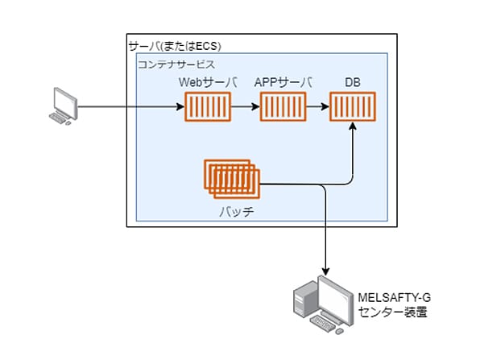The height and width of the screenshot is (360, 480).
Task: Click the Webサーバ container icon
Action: coord(208,107)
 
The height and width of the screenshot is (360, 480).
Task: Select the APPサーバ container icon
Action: coord(283,107)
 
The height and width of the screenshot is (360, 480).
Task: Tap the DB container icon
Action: coord(353,107)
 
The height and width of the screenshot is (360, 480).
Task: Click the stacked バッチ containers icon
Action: coord(232,179)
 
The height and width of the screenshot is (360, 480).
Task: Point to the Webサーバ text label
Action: coord(208,82)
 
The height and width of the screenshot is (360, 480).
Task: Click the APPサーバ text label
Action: coord(283,82)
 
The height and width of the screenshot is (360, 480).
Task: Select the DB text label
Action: coord(353,82)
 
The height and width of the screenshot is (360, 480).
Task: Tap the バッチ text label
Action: coord(237,212)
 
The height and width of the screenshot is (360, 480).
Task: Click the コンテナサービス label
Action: coord(176,64)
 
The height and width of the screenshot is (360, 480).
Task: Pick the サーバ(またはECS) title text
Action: coord(175,46)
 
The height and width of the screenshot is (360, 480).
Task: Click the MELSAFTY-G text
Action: coord(395,297)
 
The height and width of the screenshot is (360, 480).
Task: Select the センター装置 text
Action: coord(393,312)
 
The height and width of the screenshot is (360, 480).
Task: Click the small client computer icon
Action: coord(64,106)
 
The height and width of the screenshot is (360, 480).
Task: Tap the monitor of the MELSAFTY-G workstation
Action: coord(335,299)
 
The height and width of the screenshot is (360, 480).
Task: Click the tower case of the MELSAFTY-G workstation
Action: coord(305,299)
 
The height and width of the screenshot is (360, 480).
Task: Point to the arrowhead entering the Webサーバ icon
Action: coord(181,107)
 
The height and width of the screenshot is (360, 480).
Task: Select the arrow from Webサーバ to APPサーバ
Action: coord(245,107)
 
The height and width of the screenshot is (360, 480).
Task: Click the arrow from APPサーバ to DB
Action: coord(318,107)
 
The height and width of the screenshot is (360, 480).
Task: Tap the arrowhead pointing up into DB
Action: coord(353,126)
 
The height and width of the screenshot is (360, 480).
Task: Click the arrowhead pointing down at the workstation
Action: coord(325,271)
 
